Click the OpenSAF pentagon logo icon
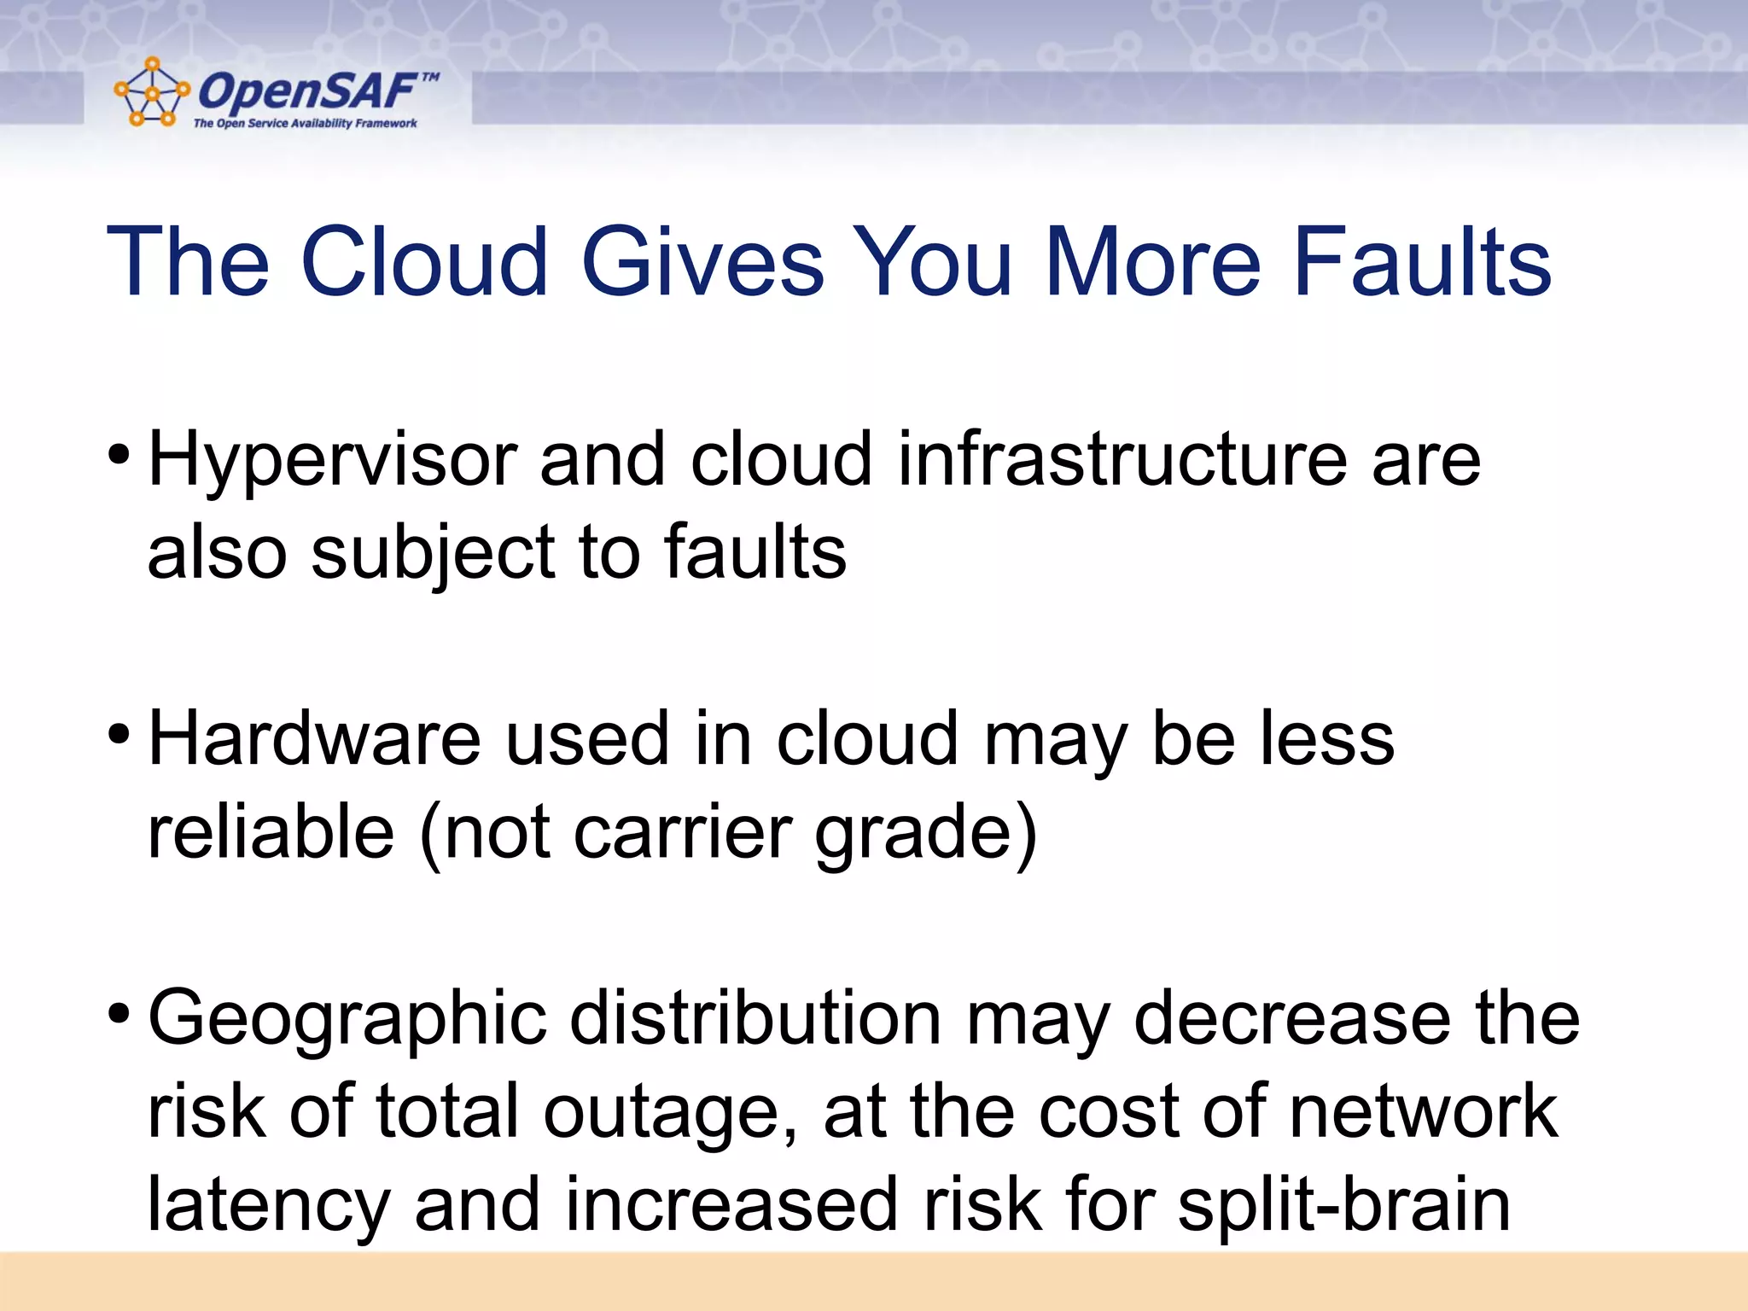(x=152, y=93)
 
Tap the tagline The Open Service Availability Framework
(x=305, y=124)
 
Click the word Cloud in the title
(x=423, y=262)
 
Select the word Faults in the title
(x=1422, y=262)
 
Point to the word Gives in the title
(x=702, y=262)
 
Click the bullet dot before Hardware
(x=119, y=733)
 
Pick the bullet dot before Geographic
(x=119, y=1013)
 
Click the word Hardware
(x=314, y=738)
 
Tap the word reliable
(x=271, y=832)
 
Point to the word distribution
(x=755, y=1017)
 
